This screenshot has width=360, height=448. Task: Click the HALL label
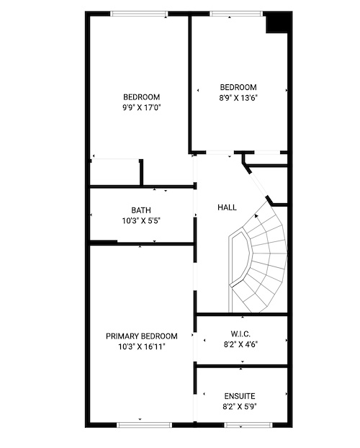227,207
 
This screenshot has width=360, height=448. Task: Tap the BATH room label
141,210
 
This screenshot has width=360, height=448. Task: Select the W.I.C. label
240,334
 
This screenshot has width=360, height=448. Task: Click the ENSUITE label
240,396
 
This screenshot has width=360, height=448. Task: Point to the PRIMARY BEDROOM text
141,336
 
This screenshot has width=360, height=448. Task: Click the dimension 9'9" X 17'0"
142,108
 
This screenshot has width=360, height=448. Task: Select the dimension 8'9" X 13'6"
238,98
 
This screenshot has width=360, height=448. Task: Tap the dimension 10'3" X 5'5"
141,221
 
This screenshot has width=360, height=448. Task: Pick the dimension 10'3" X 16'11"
142,347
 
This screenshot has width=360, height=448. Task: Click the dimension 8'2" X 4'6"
240,344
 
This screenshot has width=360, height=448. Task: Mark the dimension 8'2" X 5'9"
240,406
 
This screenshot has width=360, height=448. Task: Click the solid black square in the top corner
276,24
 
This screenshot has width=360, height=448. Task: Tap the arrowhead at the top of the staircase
256,216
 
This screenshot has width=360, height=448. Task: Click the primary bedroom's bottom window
145,425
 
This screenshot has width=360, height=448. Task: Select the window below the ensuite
248,425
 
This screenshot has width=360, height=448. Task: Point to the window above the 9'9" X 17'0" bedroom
139,14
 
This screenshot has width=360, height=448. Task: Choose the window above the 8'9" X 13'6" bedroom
236,14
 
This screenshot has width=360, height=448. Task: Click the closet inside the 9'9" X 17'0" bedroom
115,173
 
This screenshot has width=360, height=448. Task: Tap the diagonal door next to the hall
258,184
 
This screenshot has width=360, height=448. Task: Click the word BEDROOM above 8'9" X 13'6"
238,87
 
